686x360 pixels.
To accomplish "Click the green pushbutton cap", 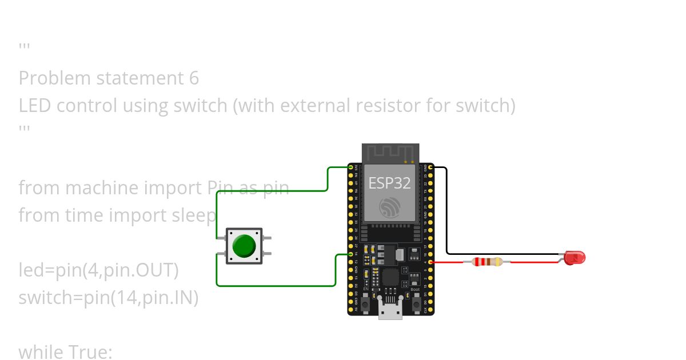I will pos(244,246).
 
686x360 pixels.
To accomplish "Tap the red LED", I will pos(574,258).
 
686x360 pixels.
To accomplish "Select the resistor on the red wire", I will pos(488,262).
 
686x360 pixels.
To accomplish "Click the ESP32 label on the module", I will pos(389,183).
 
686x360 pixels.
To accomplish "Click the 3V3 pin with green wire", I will pos(350,167).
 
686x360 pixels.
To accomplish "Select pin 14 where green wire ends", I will pos(350,254).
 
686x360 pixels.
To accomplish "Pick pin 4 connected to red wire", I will pos(430,262).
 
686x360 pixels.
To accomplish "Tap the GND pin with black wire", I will pos(430,167).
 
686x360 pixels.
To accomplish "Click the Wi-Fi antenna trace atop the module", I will pos(390,152).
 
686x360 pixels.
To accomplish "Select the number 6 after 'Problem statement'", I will pos(193,78).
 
